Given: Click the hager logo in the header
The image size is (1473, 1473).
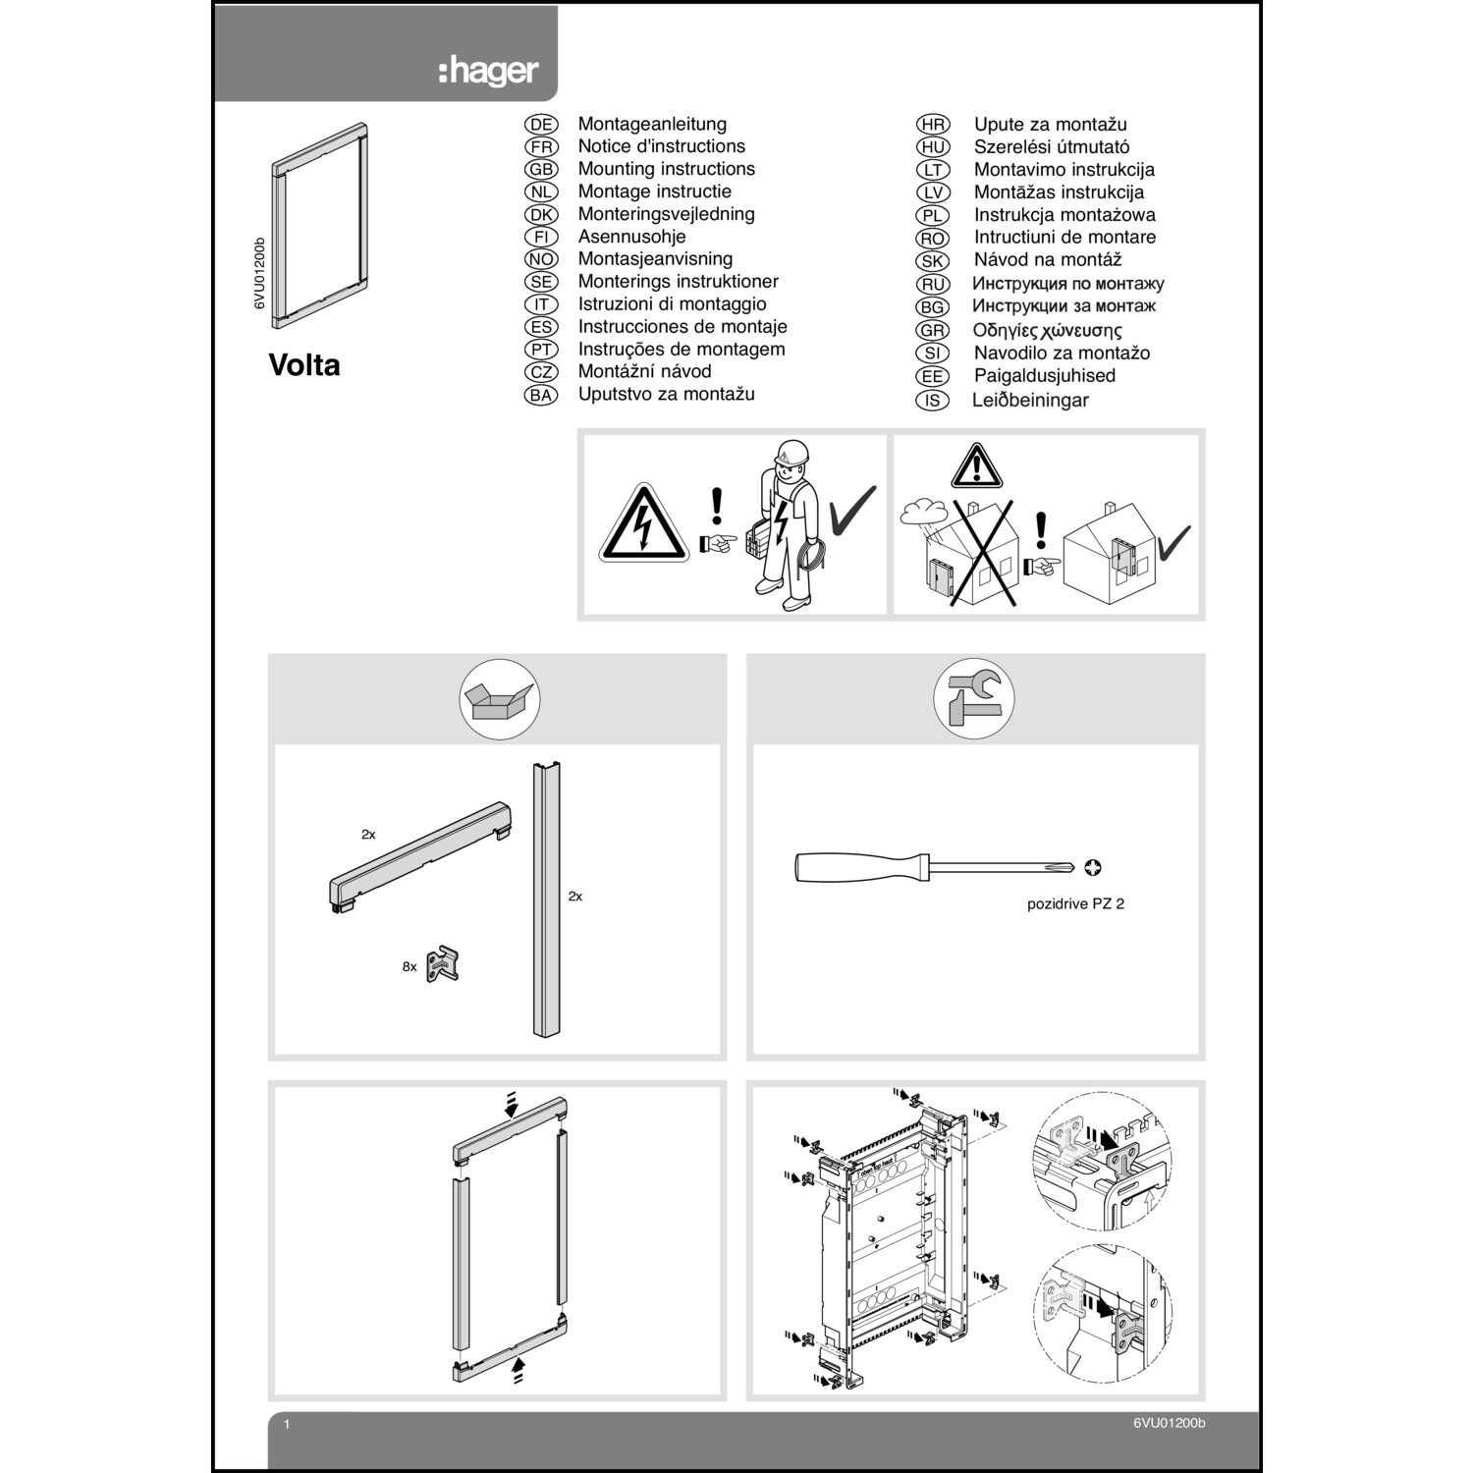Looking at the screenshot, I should pos(488,71).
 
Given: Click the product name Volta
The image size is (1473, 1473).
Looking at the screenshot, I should pos(304,365).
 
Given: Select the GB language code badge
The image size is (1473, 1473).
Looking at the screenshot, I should pos(541,169).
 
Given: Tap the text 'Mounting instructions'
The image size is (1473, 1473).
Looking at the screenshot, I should pos(666,169).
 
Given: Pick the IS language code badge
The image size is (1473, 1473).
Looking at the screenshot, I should pos(932,401).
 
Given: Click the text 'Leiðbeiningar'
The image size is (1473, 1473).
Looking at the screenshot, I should pos(1030,401).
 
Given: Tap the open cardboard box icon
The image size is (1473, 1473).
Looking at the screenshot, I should pos(500,699).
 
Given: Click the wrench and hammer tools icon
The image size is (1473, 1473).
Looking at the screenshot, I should pos(973,699).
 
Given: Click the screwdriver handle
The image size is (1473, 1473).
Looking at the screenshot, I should pos(859,867).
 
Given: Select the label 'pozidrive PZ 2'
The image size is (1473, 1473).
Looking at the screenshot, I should pos(1075,903).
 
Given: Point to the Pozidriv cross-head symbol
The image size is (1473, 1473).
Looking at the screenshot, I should pos(1093,867).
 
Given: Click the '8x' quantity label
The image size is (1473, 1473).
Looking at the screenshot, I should pos(409,967).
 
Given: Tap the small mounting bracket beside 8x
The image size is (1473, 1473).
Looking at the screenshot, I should pos(443,964).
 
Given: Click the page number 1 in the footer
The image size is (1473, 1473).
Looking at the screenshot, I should pos(287,1424).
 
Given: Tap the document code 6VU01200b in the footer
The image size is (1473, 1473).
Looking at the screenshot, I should pos(1169,1424).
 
